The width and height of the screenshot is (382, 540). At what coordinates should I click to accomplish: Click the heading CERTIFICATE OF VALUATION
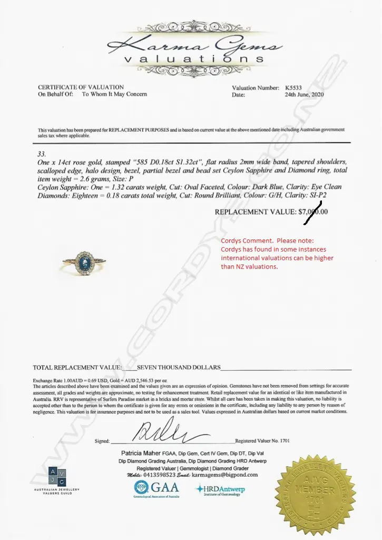(x=81, y=87)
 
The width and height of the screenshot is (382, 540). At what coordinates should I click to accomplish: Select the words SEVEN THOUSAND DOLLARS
(x=179, y=367)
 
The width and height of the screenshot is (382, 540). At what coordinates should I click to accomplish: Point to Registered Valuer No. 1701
(x=262, y=441)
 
